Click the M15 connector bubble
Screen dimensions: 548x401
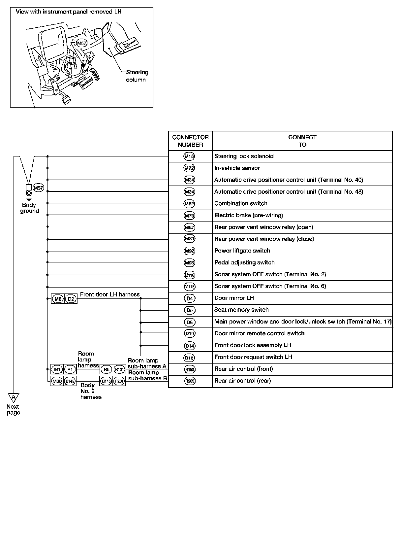[189, 156]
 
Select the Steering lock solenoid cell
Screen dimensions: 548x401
[244, 156]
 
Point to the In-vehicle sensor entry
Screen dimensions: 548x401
[237, 168]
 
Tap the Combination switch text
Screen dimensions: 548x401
[241, 203]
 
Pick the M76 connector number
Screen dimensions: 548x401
[189, 216]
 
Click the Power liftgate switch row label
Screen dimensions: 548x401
[242, 251]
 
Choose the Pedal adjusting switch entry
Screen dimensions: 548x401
[244, 262]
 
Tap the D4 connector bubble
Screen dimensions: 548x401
[189, 298]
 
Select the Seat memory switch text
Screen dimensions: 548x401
[241, 310]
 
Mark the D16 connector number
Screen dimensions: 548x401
[189, 358]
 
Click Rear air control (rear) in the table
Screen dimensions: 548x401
[242, 381]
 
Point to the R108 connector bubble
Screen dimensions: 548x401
[189, 369]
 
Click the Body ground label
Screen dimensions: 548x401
[29, 208]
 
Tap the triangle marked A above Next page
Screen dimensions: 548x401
[14, 397]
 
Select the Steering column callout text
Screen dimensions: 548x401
[137, 76]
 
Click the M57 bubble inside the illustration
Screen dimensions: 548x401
[81, 43]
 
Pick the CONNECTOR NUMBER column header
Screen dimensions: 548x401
[190, 141]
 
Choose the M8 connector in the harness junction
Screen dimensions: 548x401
[58, 299]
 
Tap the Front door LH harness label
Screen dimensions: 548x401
[110, 294]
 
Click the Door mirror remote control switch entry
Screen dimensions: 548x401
[259, 333]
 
